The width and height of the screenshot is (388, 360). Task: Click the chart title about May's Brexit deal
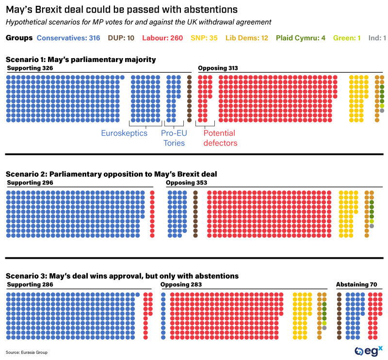[x=122, y=9]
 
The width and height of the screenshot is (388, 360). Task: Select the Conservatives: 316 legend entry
[x=68, y=38]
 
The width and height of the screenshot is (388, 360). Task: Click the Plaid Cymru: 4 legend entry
[x=301, y=38]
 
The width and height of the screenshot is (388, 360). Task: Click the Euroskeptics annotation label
[x=124, y=133]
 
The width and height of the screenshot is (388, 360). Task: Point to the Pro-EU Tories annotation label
[x=174, y=138]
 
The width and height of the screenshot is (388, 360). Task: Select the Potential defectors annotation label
[x=220, y=138]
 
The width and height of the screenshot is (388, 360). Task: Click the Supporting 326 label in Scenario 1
[x=30, y=68]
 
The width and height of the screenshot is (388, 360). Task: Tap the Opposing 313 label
[x=218, y=68]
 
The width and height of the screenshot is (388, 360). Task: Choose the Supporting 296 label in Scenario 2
[x=30, y=183]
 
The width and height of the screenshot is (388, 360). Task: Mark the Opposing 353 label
[x=186, y=183]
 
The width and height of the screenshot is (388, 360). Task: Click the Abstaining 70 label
[x=356, y=284]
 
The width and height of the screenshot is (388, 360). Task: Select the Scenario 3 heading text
[x=122, y=276]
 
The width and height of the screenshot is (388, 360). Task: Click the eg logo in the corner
[x=368, y=350]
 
